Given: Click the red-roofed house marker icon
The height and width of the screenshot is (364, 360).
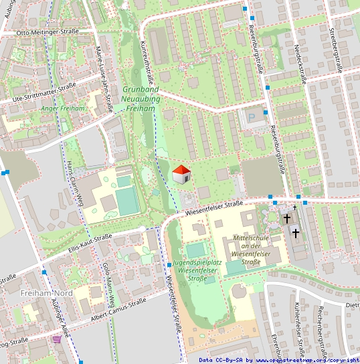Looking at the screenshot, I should (181, 175).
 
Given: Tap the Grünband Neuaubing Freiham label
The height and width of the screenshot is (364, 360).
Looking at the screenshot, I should (141, 98).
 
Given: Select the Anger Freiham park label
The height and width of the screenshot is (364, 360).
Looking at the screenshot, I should (63, 108).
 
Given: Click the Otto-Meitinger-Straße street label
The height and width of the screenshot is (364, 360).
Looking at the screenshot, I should (48, 31).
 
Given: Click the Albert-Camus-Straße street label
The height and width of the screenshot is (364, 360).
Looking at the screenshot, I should (120, 308).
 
